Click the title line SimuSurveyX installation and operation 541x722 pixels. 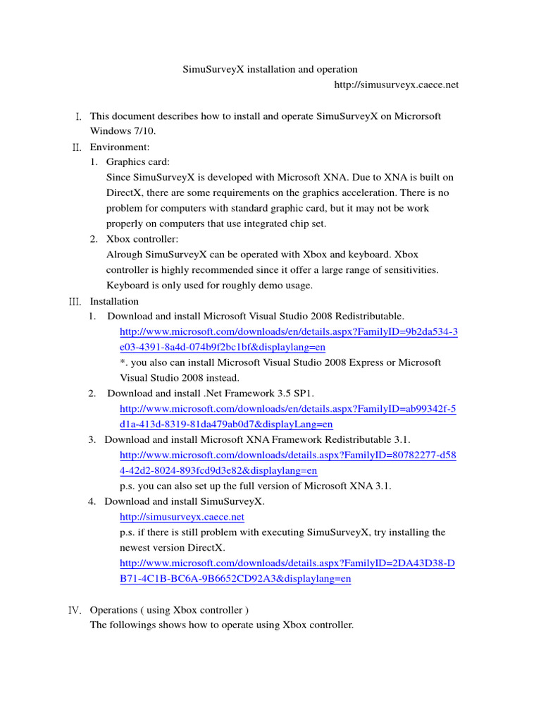270,69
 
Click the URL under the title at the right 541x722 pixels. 397,85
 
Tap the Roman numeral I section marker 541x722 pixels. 78,116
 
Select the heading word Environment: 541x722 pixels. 120,147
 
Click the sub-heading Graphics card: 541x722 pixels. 138,162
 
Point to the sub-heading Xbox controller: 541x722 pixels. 142,239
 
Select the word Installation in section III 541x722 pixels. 114,301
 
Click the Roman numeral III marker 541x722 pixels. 75,302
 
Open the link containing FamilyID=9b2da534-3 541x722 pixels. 289,331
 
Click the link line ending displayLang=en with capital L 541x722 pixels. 226,424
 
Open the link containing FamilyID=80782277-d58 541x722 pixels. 288,455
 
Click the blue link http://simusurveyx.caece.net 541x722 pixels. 182,517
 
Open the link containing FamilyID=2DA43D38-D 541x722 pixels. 287,563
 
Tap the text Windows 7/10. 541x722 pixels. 122,131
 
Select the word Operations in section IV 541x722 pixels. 113,610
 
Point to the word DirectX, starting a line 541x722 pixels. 123,193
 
